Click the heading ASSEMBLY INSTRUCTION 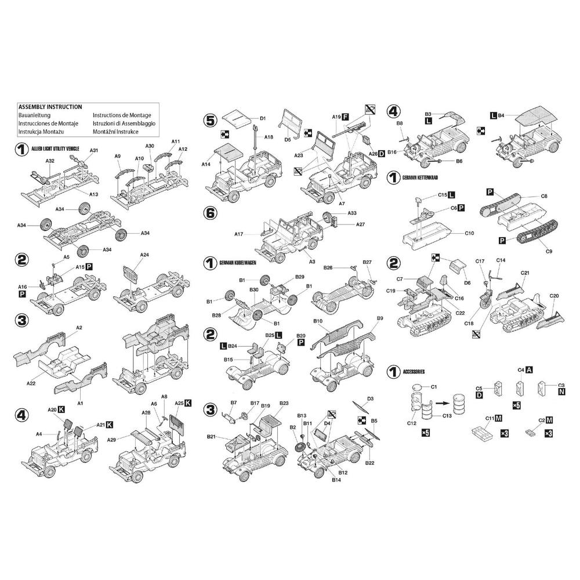pyautogui.click(x=50, y=107)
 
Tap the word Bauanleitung pyautogui.click(x=34, y=115)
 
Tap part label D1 pyautogui.click(x=263, y=119)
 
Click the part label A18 pyautogui.click(x=269, y=137)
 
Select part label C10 pyautogui.click(x=469, y=233)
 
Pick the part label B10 pyautogui.click(x=317, y=321)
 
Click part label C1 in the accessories pyautogui.click(x=433, y=386)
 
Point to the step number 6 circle pyautogui.click(x=210, y=213)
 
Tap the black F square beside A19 pyautogui.click(x=345, y=117)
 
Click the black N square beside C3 pyautogui.click(x=561, y=393)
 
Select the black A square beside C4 pyautogui.click(x=529, y=369)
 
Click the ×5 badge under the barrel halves pyautogui.click(x=425, y=433)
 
